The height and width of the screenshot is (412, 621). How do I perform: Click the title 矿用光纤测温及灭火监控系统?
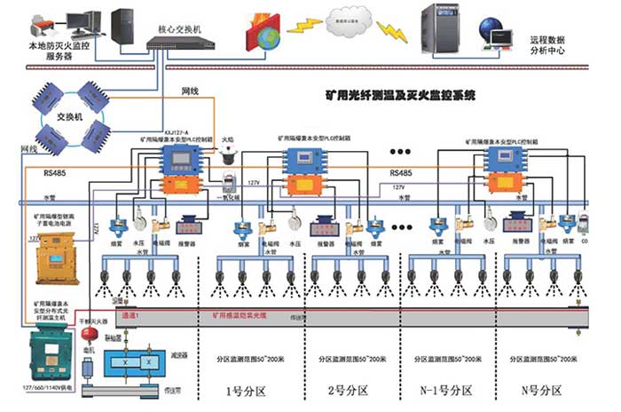pyautogui.click(x=400, y=91)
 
